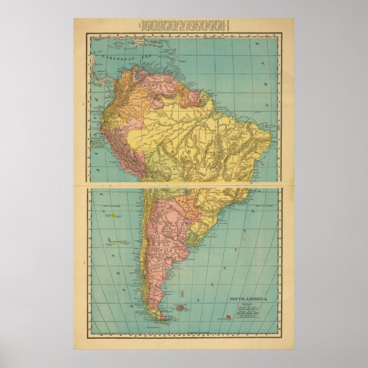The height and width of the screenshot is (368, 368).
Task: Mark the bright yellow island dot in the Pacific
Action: point(114,215)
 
